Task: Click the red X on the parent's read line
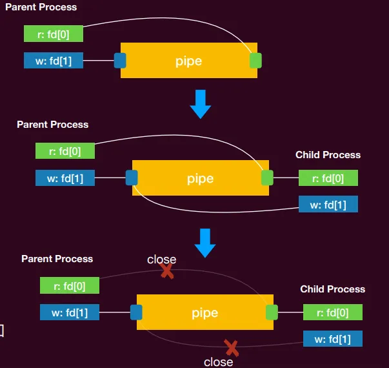point(167,271)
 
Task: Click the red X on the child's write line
point(231,348)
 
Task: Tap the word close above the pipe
point(161,260)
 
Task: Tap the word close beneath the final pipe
point(218,362)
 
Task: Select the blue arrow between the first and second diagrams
point(201,104)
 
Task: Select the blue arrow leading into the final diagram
point(205,243)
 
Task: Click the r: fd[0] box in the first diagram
point(54,34)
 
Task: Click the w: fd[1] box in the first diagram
point(54,60)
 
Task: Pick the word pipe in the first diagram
point(188,61)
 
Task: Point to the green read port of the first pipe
point(255,60)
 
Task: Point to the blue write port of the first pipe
point(120,60)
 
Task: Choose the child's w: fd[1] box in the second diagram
point(328,204)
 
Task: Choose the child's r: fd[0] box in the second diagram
point(328,178)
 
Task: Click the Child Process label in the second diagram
point(328,155)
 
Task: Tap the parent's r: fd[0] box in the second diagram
point(65,150)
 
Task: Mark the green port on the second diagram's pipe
point(267,178)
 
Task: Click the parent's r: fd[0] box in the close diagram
point(70,285)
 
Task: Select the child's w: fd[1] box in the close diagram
point(333,339)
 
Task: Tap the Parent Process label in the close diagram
point(57,259)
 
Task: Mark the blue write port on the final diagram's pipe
point(136,312)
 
